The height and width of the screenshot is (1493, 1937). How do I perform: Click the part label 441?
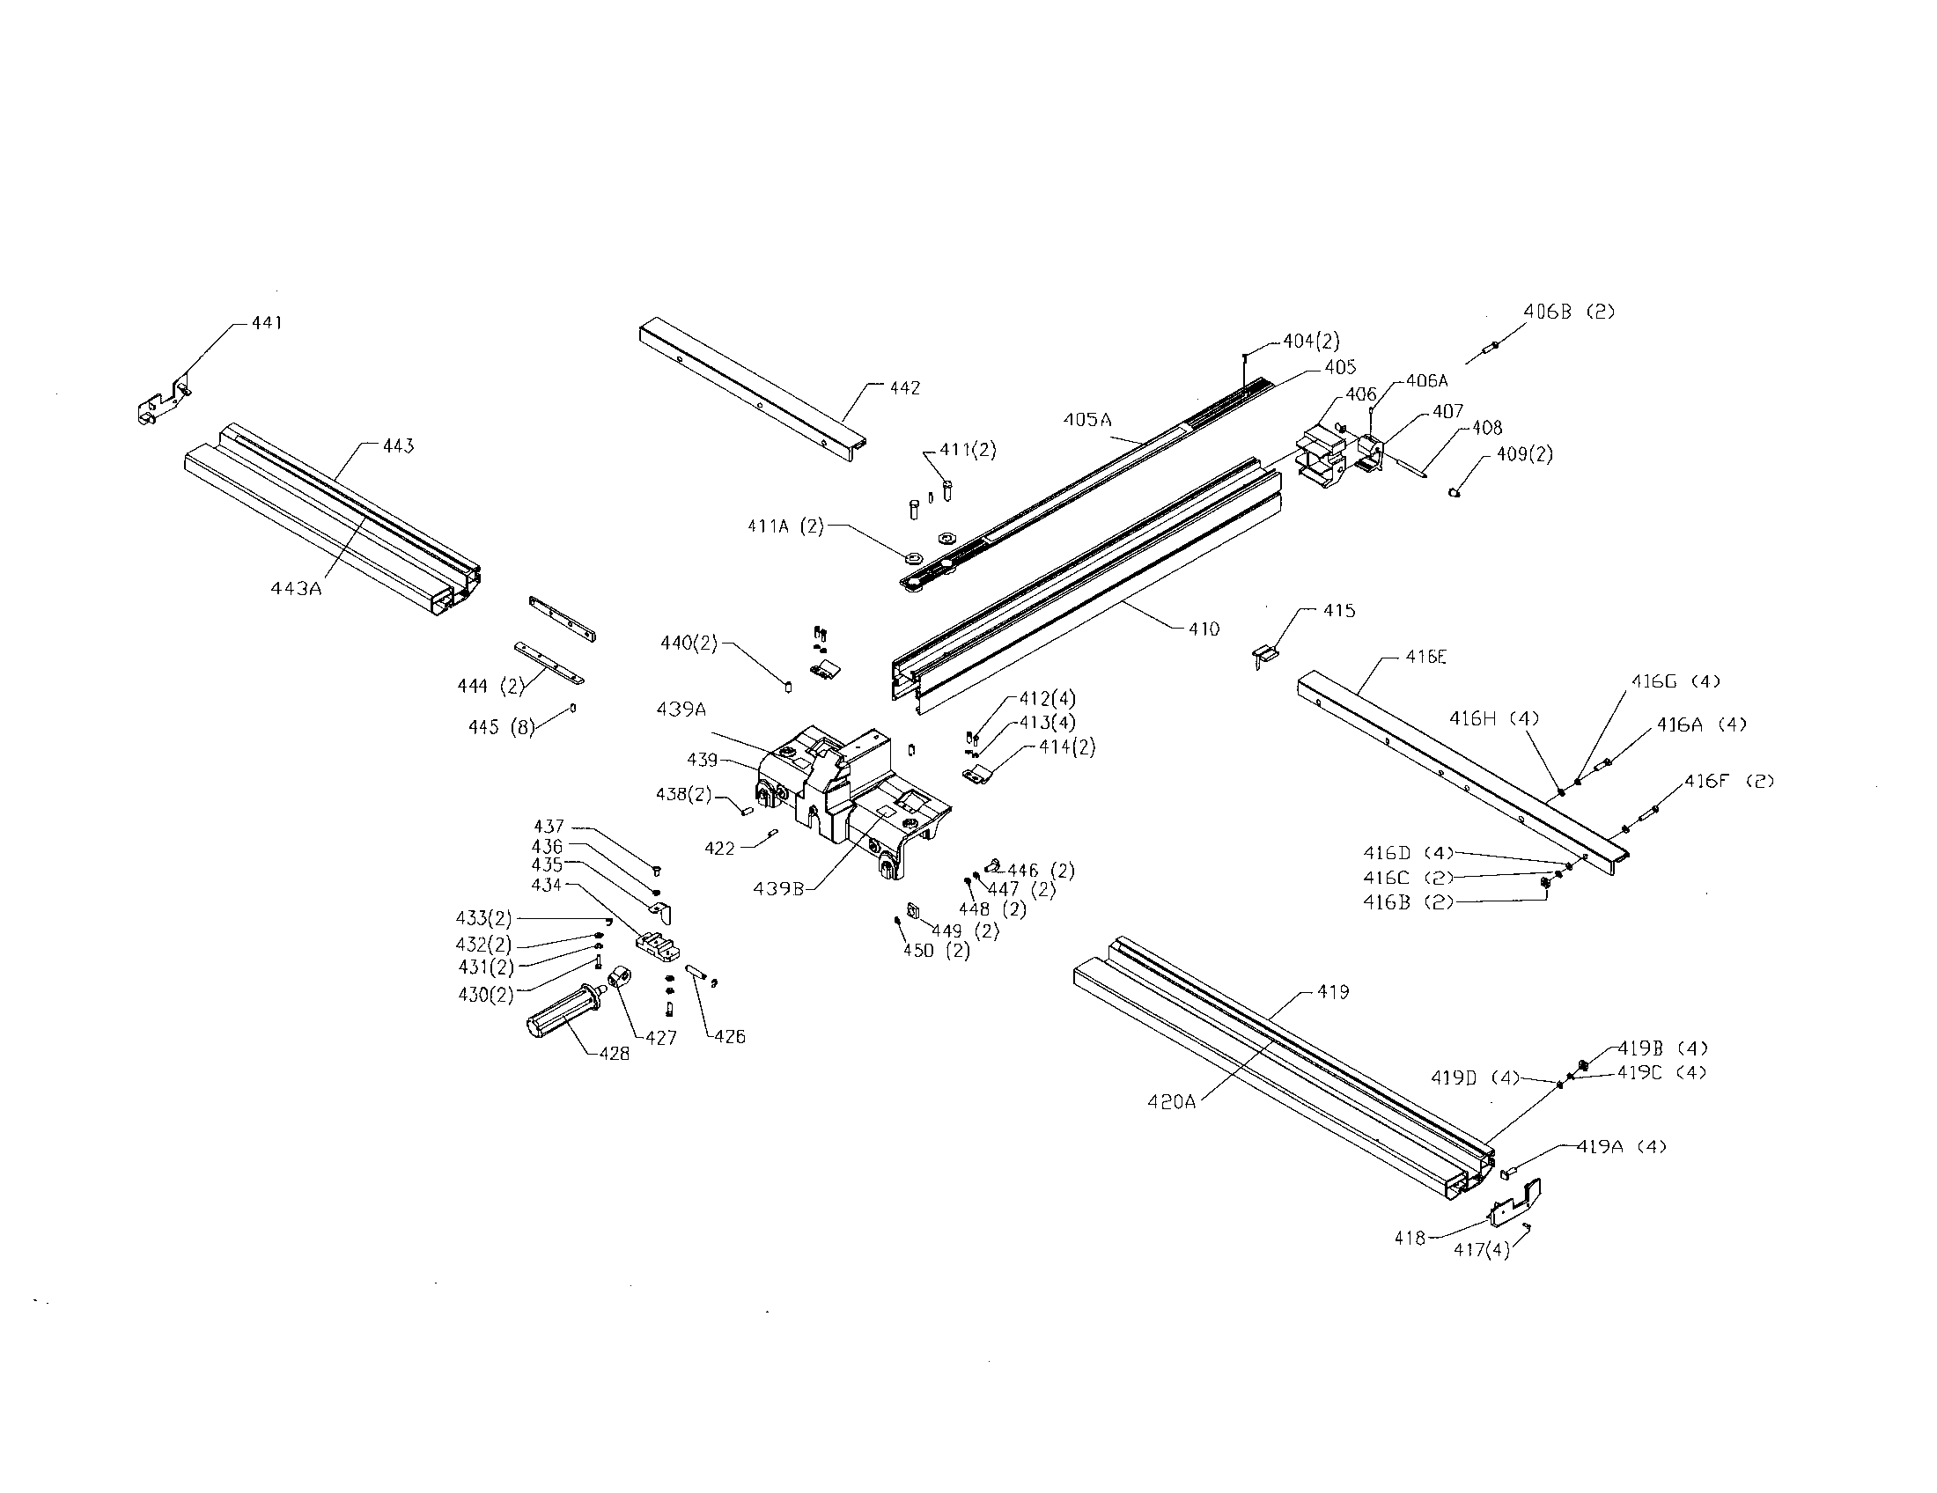266,324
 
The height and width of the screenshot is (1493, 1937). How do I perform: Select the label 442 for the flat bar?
904,388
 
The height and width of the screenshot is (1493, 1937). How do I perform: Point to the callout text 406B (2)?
1569,312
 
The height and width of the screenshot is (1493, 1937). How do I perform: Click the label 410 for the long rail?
1204,629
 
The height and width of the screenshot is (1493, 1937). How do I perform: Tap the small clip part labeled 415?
1268,655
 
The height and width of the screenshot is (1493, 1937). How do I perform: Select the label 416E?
1425,657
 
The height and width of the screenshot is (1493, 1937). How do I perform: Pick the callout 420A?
1172,1102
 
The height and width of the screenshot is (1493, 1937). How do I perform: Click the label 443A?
295,587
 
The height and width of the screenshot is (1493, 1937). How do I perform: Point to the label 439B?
777,888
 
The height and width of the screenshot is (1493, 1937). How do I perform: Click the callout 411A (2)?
784,526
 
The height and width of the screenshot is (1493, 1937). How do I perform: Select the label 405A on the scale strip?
1087,419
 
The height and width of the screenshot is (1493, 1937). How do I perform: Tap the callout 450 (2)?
936,951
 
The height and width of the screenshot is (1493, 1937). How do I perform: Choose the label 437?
549,827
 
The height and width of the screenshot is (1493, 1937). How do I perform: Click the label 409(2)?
1525,454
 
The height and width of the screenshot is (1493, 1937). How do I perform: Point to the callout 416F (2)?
1728,781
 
